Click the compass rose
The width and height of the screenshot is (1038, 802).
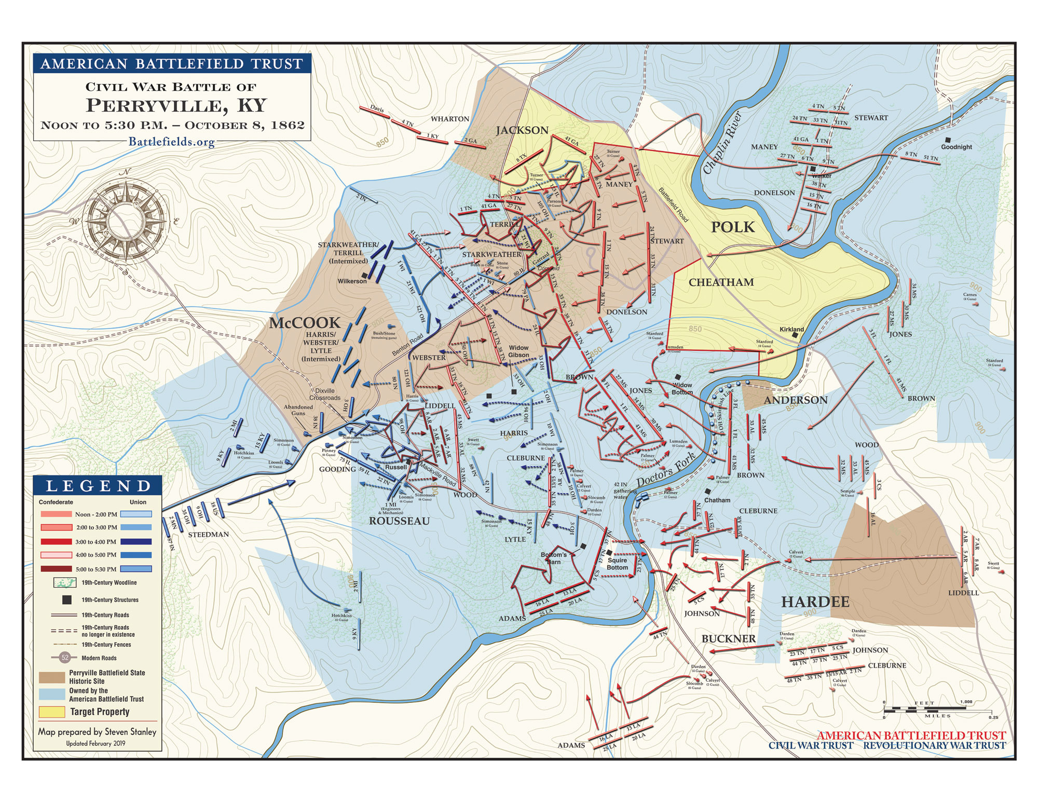(127, 214)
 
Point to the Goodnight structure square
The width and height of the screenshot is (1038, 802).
(948, 140)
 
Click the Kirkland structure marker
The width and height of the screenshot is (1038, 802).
(795, 336)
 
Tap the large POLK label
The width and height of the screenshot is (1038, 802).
(733, 227)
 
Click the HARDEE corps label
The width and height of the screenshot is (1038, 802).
(815, 602)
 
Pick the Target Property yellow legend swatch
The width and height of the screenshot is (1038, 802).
(52, 711)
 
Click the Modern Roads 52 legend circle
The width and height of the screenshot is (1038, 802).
(65, 657)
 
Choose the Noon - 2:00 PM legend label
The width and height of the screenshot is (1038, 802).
(96, 514)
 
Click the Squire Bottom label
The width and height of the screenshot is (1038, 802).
(617, 564)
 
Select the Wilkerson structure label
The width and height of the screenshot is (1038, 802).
(352, 281)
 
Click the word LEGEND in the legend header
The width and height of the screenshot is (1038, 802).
(98, 486)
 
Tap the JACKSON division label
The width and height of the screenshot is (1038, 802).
(522, 130)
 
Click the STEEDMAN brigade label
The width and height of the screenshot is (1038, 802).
(208, 534)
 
